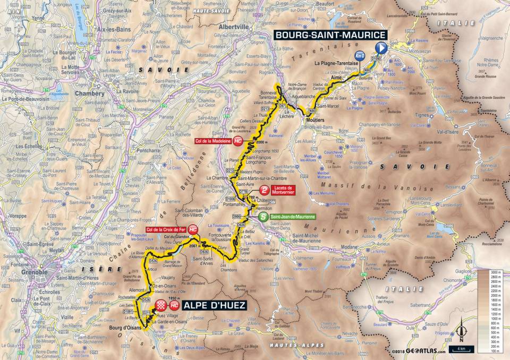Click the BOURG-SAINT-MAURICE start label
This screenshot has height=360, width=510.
click(329, 35)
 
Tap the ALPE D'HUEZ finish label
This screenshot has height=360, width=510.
click(214, 306)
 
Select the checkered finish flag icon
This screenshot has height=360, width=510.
click(161, 305)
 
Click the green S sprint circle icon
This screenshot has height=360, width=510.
click(262, 217)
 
